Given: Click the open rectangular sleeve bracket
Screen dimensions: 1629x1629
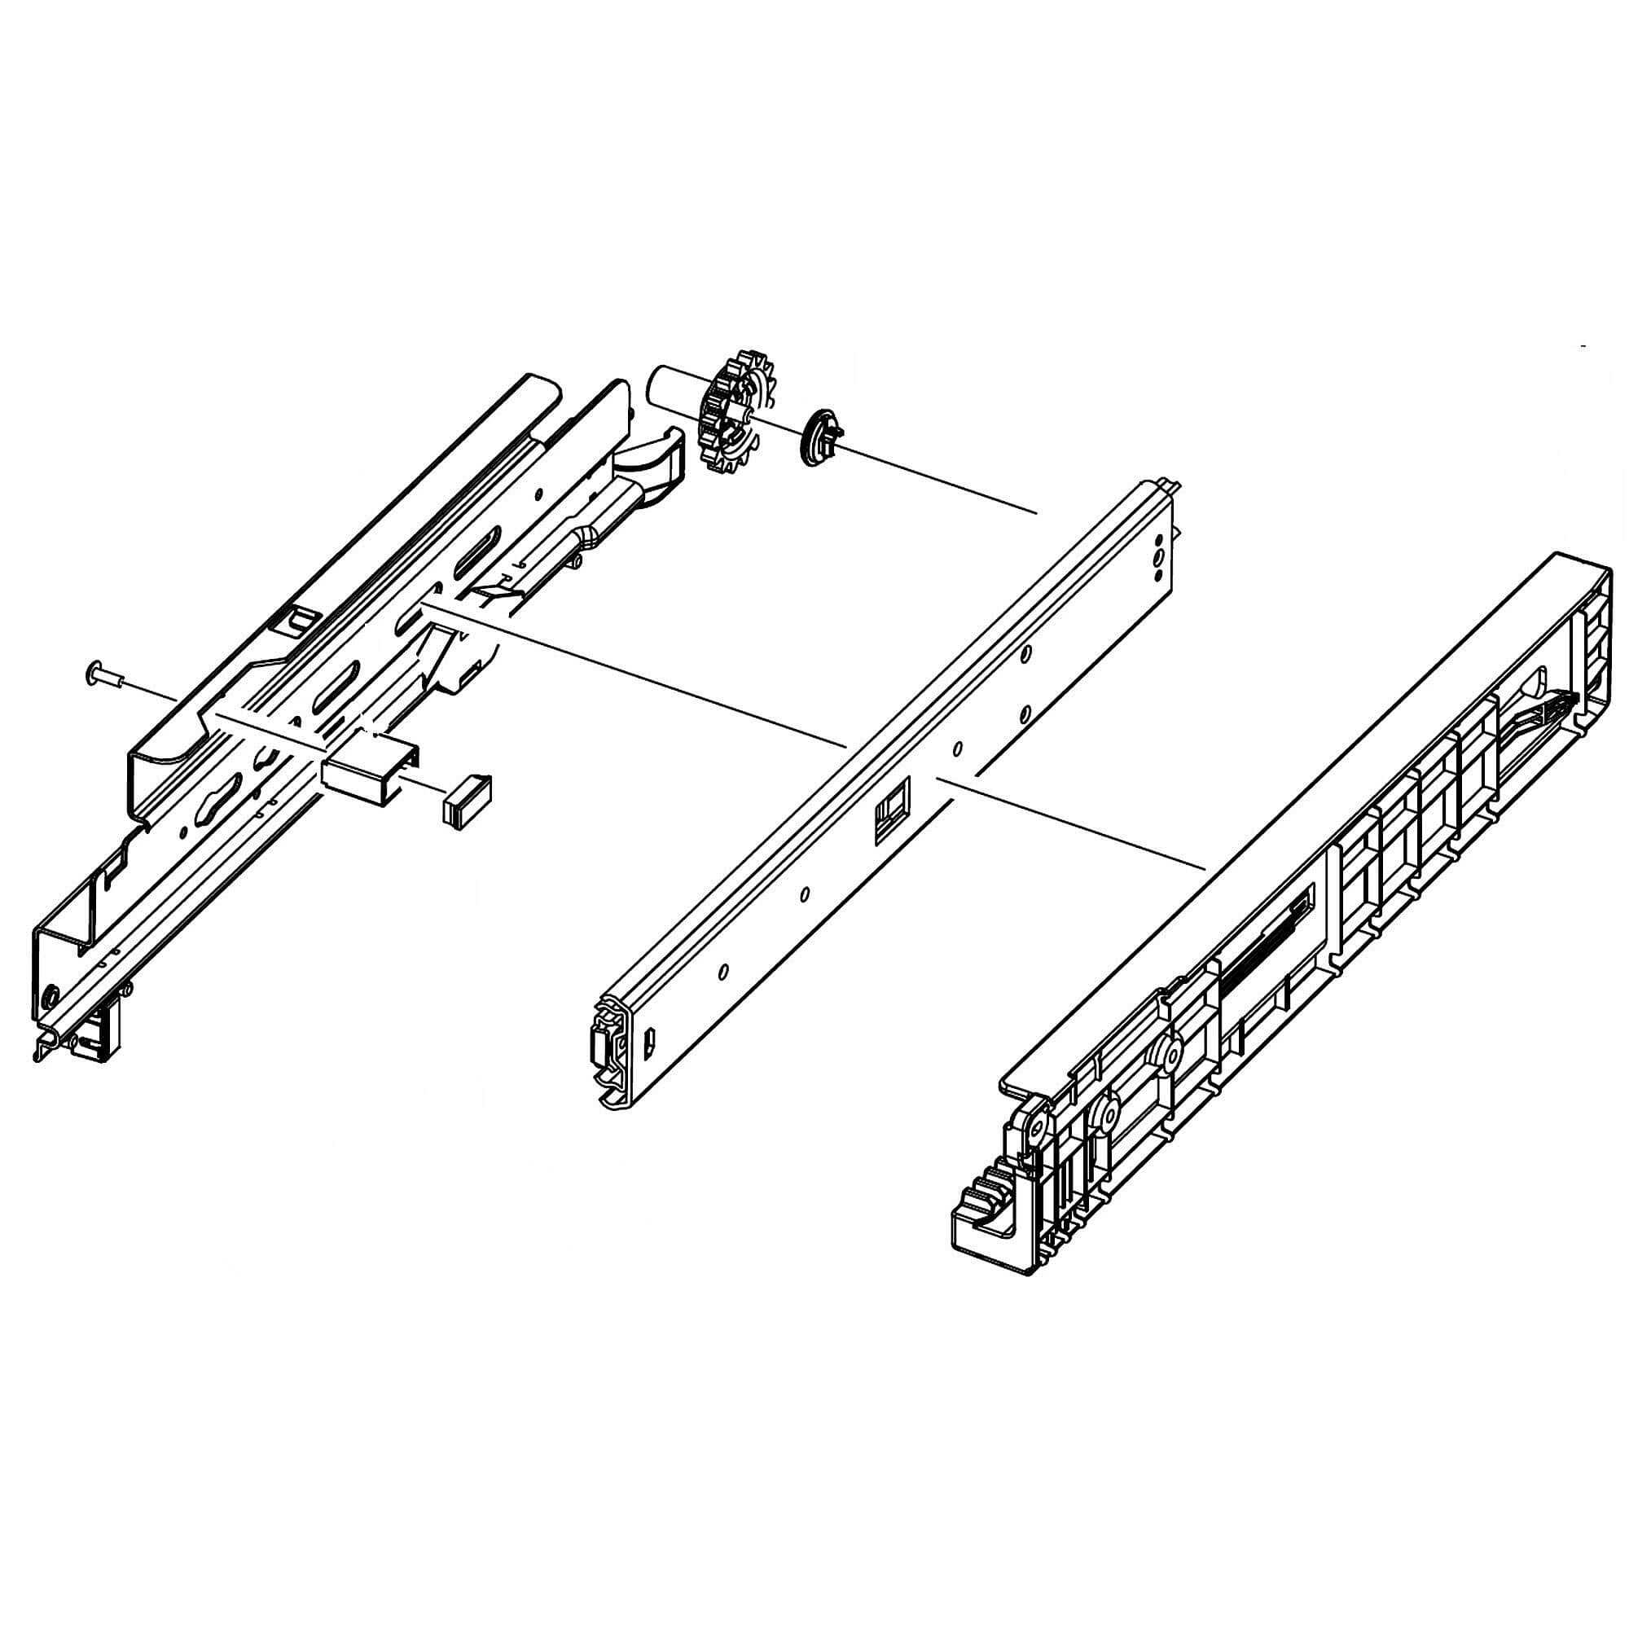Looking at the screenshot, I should tap(371, 767).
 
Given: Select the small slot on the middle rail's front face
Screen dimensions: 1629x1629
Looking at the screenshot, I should tap(650, 1045).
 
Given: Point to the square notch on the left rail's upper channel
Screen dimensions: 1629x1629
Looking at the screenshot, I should tap(296, 620).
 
